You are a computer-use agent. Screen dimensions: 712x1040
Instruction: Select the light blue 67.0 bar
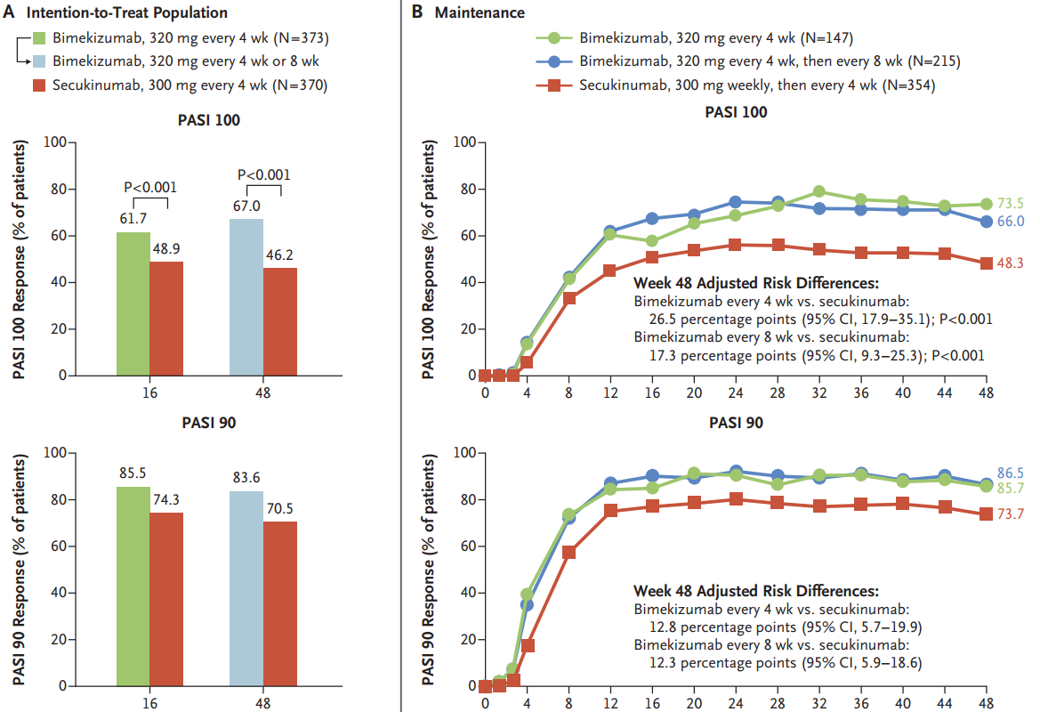pos(246,297)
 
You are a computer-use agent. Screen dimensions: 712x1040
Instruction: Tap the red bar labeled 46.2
pos(280,321)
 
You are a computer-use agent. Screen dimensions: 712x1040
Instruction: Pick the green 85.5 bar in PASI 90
pos(133,587)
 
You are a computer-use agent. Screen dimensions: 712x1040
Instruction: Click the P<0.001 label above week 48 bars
pos(263,174)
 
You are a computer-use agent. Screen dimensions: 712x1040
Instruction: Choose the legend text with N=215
pos(770,61)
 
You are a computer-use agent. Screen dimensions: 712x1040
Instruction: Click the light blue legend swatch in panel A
pos(39,62)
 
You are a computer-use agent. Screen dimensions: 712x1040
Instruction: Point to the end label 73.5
pos(1009,204)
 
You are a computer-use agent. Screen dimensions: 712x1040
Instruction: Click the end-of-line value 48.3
pos(1009,263)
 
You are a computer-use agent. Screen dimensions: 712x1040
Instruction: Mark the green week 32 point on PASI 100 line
pos(819,191)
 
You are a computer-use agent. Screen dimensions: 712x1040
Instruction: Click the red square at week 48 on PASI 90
pos(986,514)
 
